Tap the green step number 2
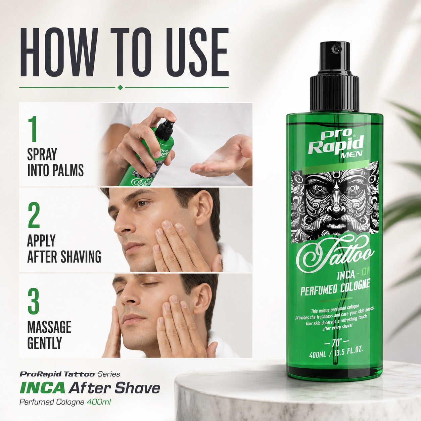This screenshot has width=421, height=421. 34,215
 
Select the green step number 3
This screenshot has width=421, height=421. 34,300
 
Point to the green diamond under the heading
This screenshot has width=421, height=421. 120,88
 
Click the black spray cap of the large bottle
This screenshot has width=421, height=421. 334,77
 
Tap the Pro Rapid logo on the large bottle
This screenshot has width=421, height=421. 337,145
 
